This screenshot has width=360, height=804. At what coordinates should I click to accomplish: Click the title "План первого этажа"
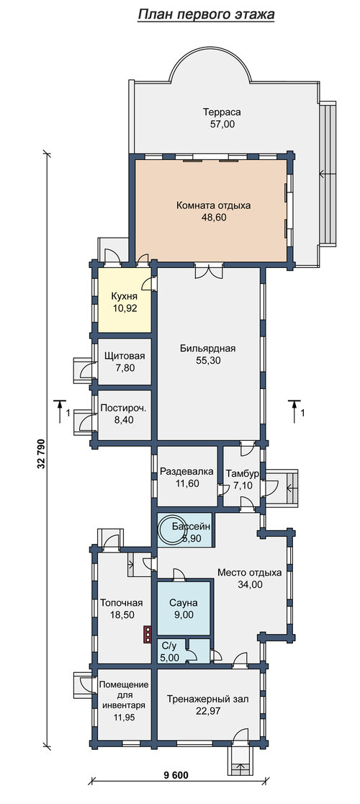207,14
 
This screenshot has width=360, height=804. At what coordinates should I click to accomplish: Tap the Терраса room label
221,112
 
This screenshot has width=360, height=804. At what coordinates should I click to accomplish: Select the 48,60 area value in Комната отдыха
214,218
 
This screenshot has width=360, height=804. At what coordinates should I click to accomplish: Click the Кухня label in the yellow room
125,297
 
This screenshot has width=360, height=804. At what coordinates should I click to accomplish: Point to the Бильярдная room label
207,349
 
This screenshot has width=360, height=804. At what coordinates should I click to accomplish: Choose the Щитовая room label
125,356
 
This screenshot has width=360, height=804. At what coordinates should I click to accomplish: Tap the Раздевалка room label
187,471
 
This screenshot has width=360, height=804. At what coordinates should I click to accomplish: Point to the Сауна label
184,604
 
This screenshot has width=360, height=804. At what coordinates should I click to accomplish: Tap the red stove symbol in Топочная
148,634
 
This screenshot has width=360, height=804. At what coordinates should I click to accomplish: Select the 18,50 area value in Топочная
121,615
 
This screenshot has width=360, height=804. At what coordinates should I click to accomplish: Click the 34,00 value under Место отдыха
249,584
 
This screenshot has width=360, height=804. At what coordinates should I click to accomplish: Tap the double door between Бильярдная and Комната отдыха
209,269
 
